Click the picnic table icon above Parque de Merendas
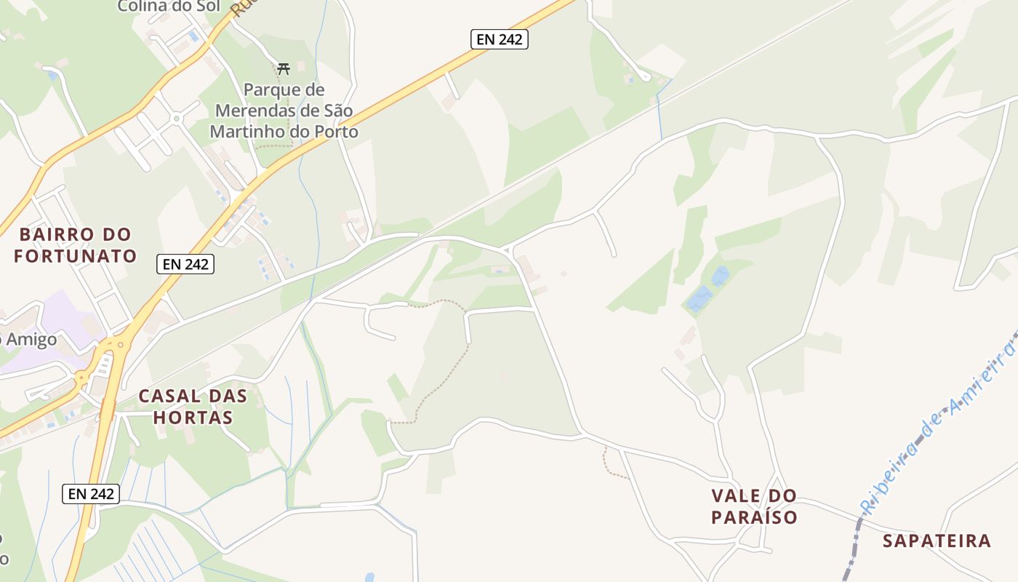click(x=284, y=69)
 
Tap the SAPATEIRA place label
click(x=937, y=541)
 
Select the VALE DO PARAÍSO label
click(x=754, y=506)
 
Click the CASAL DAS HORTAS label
click(x=193, y=407)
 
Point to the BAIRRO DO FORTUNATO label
click(x=75, y=245)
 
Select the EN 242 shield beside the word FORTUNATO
click(x=185, y=263)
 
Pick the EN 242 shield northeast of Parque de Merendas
click(x=499, y=39)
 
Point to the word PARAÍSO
click(x=754, y=517)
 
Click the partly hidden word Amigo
click(x=29, y=340)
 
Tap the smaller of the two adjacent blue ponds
click(x=720, y=276)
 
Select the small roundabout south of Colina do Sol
click(x=175, y=118)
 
